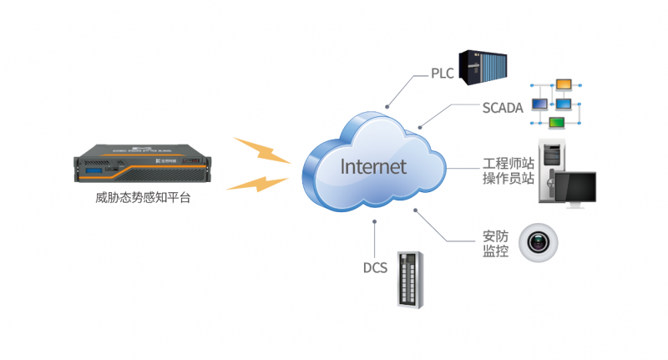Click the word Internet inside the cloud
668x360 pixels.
[x=373, y=165]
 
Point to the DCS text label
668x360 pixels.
[x=375, y=268]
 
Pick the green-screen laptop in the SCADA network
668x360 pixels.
[x=557, y=124]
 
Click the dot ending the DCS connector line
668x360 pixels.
[x=375, y=223]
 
